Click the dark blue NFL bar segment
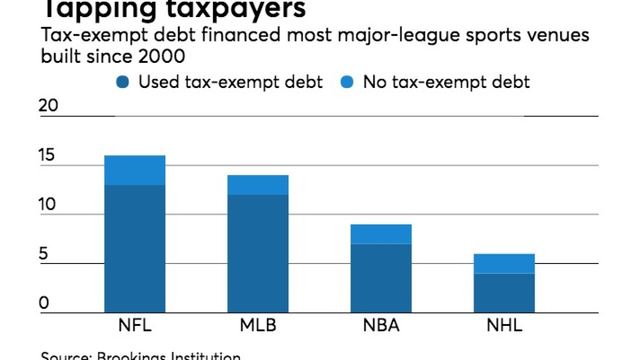click(134, 249)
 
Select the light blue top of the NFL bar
click(134, 170)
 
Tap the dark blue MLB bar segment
click(257, 253)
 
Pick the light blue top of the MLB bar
click(257, 184)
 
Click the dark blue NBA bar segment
click(380, 278)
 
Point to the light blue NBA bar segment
click(380, 234)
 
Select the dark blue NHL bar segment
click(504, 293)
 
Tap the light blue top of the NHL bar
click(504, 263)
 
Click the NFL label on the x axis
click(134, 326)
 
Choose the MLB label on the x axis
click(257, 326)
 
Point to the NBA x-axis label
click(380, 326)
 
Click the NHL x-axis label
click(504, 326)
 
